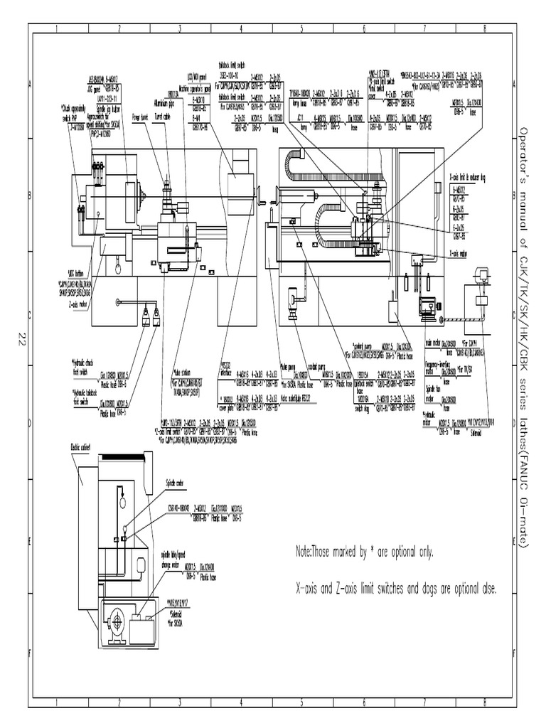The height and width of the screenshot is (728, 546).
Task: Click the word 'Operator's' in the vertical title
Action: click(523, 152)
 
